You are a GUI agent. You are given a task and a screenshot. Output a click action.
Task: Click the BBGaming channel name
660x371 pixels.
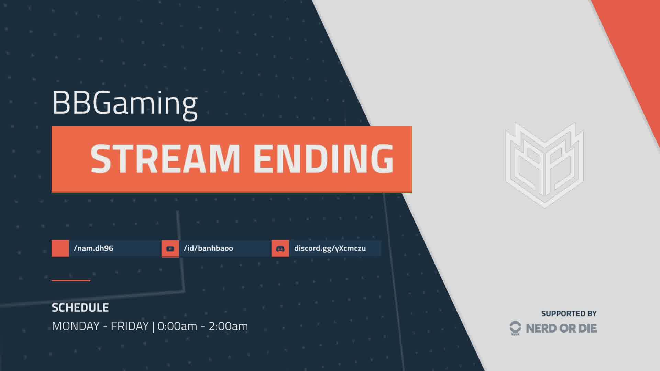[x=124, y=103]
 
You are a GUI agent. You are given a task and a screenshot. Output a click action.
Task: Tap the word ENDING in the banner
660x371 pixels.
[x=323, y=159]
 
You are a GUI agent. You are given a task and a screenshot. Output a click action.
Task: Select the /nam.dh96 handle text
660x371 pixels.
[x=93, y=248]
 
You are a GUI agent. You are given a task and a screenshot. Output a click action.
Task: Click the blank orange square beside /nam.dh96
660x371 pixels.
[x=60, y=248]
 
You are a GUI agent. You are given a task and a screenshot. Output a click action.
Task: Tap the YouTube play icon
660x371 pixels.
[x=170, y=249]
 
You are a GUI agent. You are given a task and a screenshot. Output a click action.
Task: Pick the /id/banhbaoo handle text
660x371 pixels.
[x=208, y=248]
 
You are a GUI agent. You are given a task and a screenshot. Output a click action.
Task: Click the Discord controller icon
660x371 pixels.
[x=280, y=249]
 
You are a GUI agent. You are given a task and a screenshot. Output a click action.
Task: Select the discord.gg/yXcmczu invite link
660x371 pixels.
[x=330, y=248]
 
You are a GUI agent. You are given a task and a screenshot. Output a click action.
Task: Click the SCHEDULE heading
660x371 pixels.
[x=80, y=307]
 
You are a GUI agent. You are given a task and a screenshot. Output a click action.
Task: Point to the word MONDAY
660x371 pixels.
[x=76, y=326]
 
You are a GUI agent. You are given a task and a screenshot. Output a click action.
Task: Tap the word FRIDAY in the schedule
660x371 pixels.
[x=130, y=326]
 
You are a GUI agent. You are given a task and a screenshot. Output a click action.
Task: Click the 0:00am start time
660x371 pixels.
[x=177, y=326]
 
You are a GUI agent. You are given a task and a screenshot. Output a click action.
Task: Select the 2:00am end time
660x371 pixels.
[x=228, y=326]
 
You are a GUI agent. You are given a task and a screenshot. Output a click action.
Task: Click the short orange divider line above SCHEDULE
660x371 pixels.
[x=71, y=281]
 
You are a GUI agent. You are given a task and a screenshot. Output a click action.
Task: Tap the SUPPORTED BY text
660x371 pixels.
[x=569, y=314]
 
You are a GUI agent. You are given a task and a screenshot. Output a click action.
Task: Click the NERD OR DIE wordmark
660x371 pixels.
[x=561, y=328]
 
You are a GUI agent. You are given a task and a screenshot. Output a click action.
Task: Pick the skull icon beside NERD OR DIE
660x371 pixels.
[x=515, y=328]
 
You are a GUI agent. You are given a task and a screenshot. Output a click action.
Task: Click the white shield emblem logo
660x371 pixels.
[x=544, y=165]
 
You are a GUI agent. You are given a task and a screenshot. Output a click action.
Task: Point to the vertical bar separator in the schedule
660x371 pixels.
[x=153, y=326]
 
